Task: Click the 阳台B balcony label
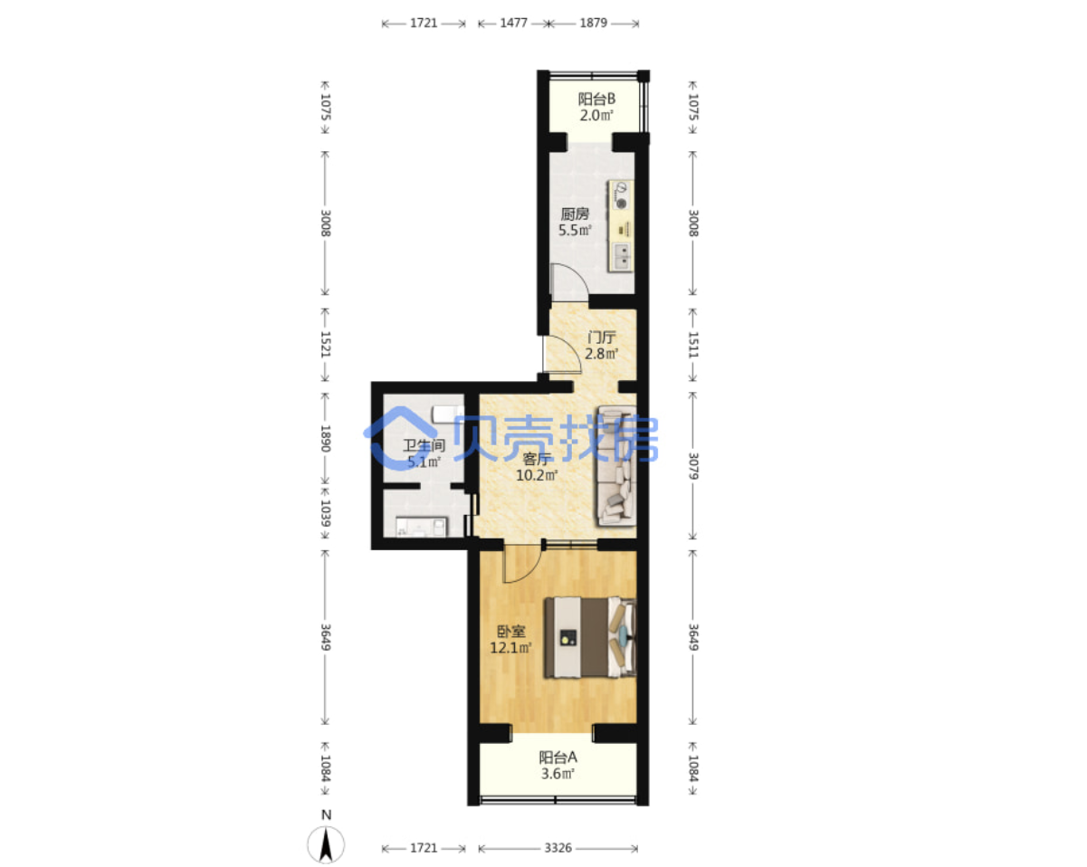pyautogui.click(x=596, y=99)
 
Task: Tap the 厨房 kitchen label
pyautogui.click(x=575, y=214)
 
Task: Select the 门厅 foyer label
pyautogui.click(x=601, y=338)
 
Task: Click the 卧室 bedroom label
pyautogui.click(x=511, y=632)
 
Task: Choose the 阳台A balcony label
pyautogui.click(x=558, y=757)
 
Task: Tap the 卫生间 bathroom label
pyautogui.click(x=424, y=445)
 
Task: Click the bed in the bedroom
pyautogui.click(x=590, y=638)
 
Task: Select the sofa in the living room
pyautogui.click(x=616, y=466)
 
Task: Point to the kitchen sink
pyautogui.click(x=622, y=256)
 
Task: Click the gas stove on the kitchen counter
pyautogui.click(x=621, y=195)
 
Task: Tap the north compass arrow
pyautogui.click(x=327, y=844)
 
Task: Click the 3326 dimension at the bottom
pyautogui.click(x=558, y=848)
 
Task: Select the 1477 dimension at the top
pyautogui.click(x=513, y=24)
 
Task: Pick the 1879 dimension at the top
pyautogui.click(x=593, y=24)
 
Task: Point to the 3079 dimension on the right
pyautogui.click(x=693, y=466)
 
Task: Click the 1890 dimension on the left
pyautogui.click(x=326, y=439)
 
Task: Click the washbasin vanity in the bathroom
pyautogui.click(x=421, y=526)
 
